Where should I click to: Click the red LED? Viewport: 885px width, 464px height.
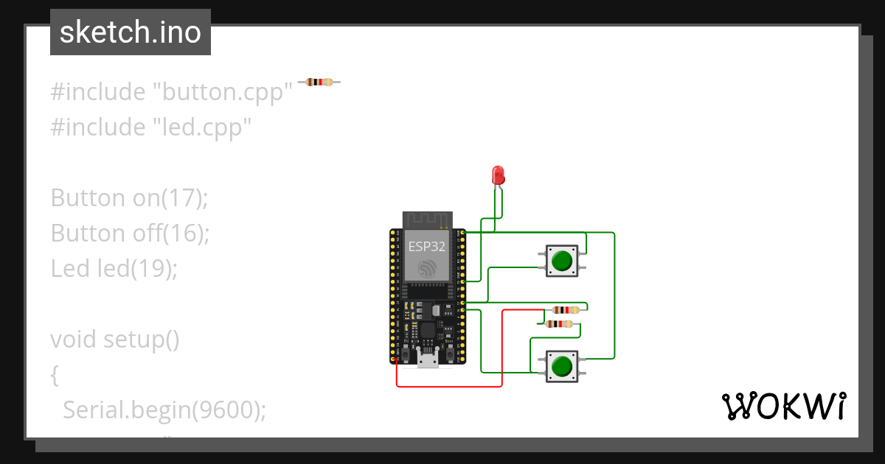[x=498, y=175]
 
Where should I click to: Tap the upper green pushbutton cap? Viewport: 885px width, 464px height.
[x=562, y=261]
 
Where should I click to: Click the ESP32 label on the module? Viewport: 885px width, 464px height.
[x=426, y=247]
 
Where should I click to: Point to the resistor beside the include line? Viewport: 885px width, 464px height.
[x=319, y=82]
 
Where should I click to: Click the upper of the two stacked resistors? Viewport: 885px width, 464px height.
[x=565, y=310]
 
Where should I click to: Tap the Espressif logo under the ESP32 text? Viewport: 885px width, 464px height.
[x=426, y=268]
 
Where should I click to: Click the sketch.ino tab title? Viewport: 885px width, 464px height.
[x=131, y=32]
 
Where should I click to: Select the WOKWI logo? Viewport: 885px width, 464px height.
[x=783, y=406]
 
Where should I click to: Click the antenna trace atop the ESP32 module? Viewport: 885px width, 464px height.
[x=426, y=219]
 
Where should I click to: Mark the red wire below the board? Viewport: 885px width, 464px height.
[x=450, y=386]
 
